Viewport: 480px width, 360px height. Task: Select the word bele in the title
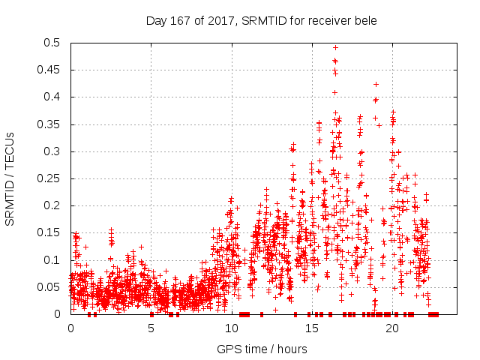point(364,20)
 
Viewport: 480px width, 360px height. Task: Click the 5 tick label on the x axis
point(151,328)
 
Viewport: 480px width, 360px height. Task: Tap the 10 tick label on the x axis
point(231,328)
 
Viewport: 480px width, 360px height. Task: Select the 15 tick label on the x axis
point(311,328)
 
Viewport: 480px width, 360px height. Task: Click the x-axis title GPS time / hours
point(262,349)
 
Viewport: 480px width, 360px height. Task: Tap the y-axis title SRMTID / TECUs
point(10,178)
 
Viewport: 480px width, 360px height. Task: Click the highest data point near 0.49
point(335,48)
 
